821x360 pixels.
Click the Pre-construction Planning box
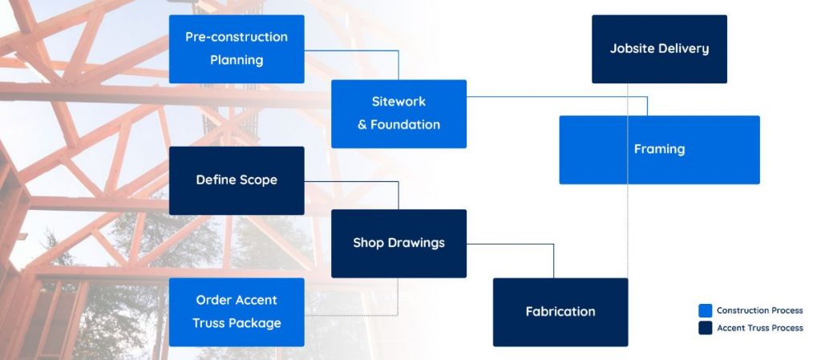pyautogui.click(x=237, y=49)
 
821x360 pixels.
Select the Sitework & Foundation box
pyautogui.click(x=398, y=114)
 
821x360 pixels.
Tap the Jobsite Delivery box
pyautogui.click(x=659, y=49)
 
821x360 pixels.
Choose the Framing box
pyautogui.click(x=659, y=150)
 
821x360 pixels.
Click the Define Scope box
pyautogui.click(x=237, y=180)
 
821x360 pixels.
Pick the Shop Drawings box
pyautogui.click(x=398, y=243)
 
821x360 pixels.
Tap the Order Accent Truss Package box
pyautogui.click(x=237, y=312)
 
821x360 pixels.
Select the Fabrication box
pyautogui.click(x=560, y=312)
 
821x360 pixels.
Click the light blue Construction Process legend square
pyautogui.click(x=706, y=310)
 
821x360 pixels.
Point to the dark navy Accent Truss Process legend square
pyautogui.click(x=706, y=328)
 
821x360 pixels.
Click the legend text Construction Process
pyautogui.click(x=760, y=310)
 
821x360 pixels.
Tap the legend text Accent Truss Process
pyautogui.click(x=760, y=328)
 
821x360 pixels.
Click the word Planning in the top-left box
pyautogui.click(x=237, y=60)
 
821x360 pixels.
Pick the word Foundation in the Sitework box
pyautogui.click(x=405, y=124)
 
